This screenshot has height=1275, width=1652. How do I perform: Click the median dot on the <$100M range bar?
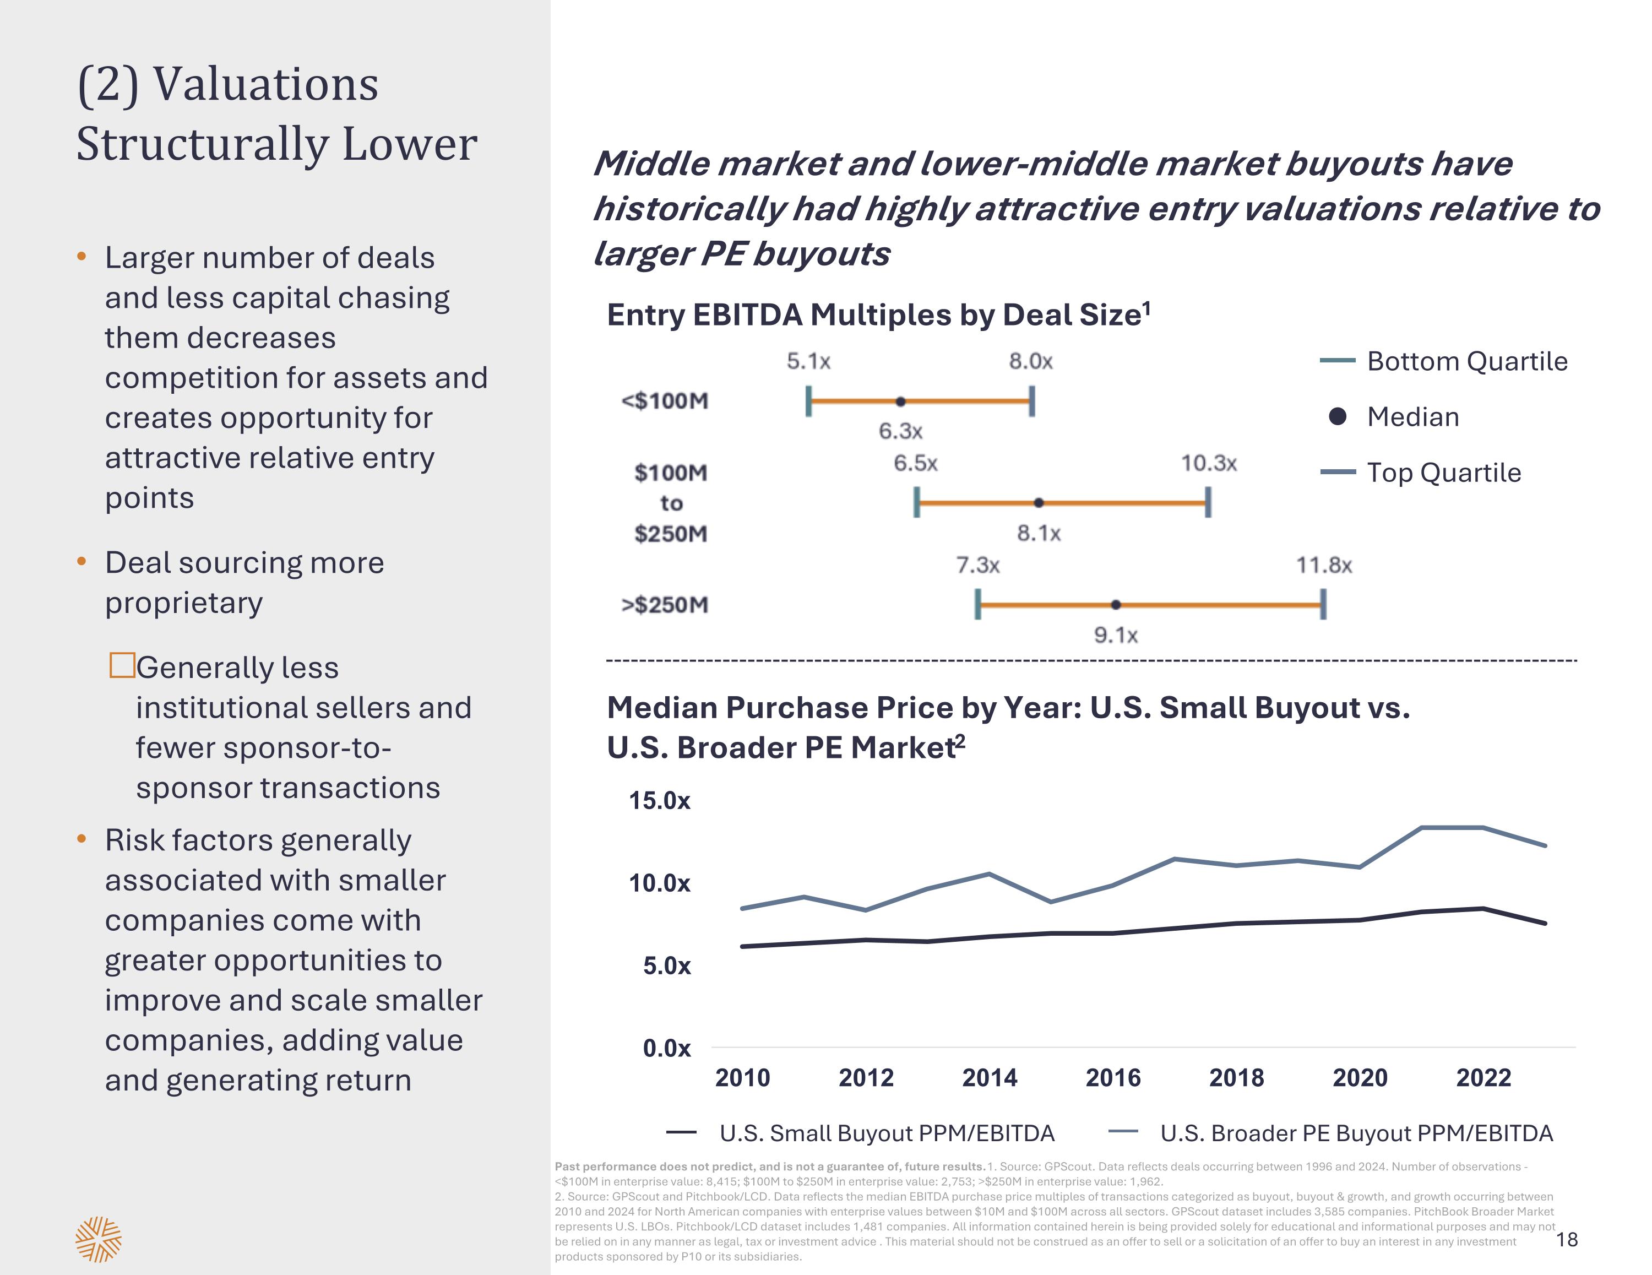[x=900, y=401]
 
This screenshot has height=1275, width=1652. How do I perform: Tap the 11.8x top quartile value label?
[x=1324, y=565]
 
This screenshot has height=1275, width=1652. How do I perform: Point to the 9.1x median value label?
[x=1116, y=635]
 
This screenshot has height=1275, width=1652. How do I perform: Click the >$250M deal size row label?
[x=665, y=605]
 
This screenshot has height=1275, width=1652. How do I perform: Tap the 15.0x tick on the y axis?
[x=660, y=801]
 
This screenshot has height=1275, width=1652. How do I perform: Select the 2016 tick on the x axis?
[x=1113, y=1077]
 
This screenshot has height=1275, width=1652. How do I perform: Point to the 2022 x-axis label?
[x=1483, y=1077]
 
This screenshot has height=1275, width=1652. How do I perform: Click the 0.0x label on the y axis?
[x=666, y=1049]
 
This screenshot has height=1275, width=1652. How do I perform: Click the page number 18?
[x=1567, y=1239]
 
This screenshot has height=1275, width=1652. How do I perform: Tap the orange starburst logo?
[x=99, y=1239]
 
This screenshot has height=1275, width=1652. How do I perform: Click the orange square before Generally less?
[x=122, y=665]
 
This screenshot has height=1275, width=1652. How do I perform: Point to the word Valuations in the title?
[x=265, y=84]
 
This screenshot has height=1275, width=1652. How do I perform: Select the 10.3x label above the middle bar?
[x=1209, y=463]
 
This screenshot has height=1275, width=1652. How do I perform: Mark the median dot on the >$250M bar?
[x=1116, y=605]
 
